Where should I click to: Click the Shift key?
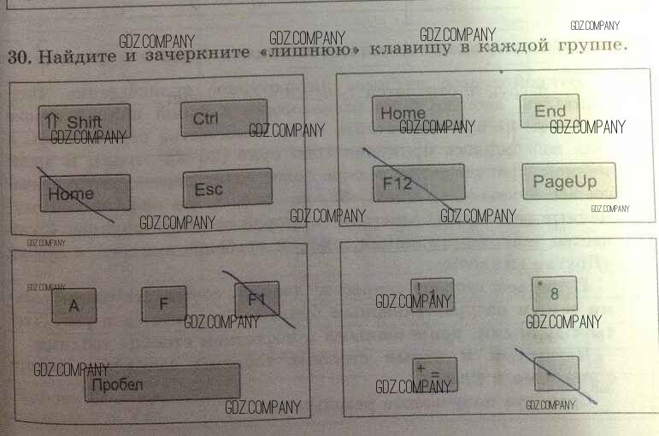tap(85, 121)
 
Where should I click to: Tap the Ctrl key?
tap(224, 118)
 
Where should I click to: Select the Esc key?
tap(227, 188)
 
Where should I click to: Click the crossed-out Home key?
tap(85, 193)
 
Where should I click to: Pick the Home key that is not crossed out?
tap(417, 113)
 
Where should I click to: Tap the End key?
tap(550, 111)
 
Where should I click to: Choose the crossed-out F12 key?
tap(419, 183)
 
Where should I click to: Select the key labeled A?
tap(74, 305)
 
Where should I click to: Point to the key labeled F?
tap(163, 303)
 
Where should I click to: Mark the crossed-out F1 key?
tap(257, 299)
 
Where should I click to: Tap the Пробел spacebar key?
tap(162, 382)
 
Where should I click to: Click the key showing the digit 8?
tap(554, 294)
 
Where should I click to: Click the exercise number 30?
tap(18, 57)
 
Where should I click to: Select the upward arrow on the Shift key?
tap(52, 121)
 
